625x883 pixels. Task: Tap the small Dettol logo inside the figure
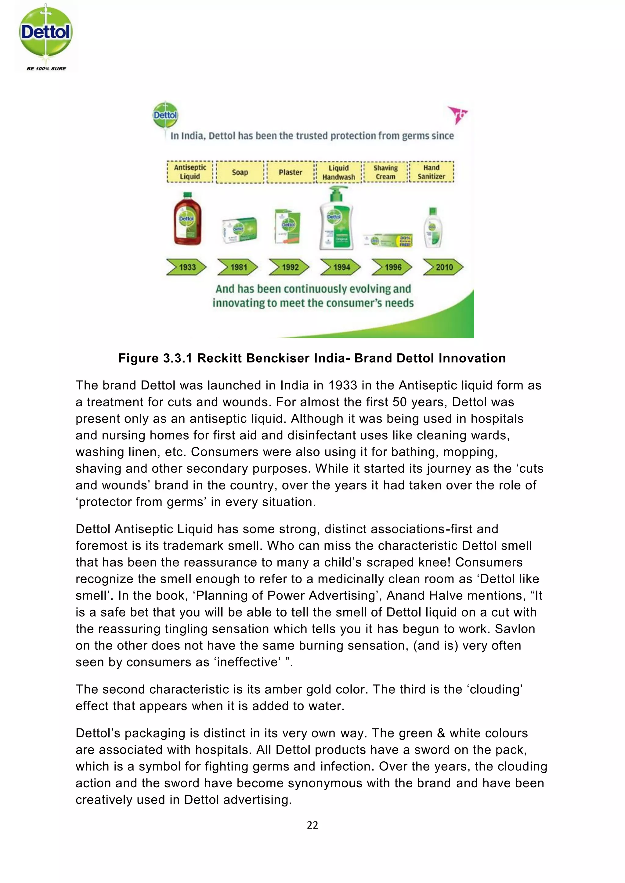point(165,115)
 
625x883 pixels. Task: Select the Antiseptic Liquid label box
point(190,172)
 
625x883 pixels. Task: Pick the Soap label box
point(240,172)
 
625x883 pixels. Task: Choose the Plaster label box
point(290,172)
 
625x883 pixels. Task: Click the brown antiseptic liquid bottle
point(187,219)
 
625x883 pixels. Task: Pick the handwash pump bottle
point(336,219)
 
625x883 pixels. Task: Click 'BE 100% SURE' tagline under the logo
point(46,69)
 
